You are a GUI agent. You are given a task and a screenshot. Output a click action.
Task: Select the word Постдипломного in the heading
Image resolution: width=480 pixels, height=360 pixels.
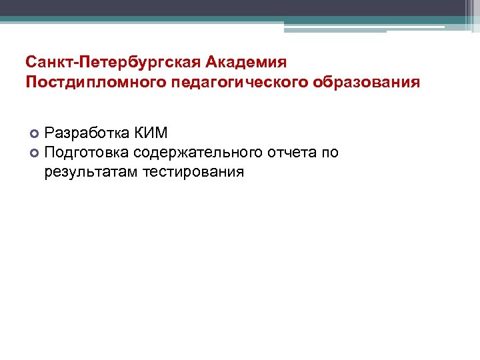click(89, 83)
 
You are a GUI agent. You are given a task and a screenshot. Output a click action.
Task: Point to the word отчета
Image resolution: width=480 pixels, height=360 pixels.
click(293, 153)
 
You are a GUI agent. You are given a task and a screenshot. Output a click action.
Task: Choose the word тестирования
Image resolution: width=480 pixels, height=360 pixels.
click(193, 173)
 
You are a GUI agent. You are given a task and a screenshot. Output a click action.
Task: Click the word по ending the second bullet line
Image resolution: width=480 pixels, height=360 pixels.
click(331, 153)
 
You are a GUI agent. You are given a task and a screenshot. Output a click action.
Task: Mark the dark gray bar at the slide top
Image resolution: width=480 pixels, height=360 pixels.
click(240, 7)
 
